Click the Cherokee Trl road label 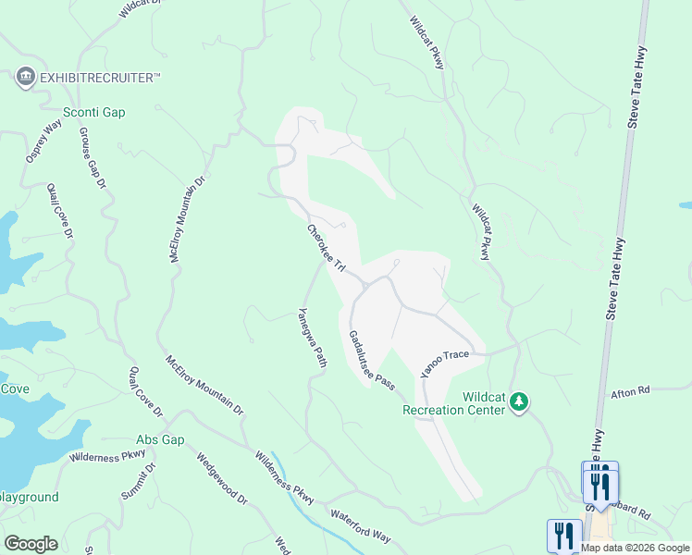[x=326, y=248]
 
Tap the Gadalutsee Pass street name [x=371, y=360]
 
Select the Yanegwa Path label [x=313, y=339]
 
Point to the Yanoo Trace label [x=439, y=362]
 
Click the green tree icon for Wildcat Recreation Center [x=520, y=401]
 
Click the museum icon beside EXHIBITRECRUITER [x=26, y=78]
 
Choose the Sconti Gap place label [x=93, y=113]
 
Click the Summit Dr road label [x=138, y=481]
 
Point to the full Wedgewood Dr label [x=222, y=478]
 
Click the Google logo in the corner [x=31, y=544]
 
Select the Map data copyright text [x=635, y=548]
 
